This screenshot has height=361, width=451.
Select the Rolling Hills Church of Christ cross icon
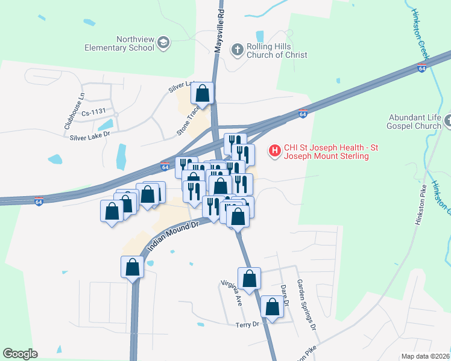click(x=238, y=50)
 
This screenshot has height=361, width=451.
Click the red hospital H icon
click(x=275, y=150)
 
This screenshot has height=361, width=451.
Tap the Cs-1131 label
click(x=93, y=111)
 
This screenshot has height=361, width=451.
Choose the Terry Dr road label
click(x=247, y=324)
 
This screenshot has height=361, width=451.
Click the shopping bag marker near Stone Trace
click(x=203, y=93)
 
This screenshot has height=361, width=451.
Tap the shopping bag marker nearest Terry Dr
click(x=273, y=307)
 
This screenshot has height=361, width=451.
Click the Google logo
click(x=19, y=354)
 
